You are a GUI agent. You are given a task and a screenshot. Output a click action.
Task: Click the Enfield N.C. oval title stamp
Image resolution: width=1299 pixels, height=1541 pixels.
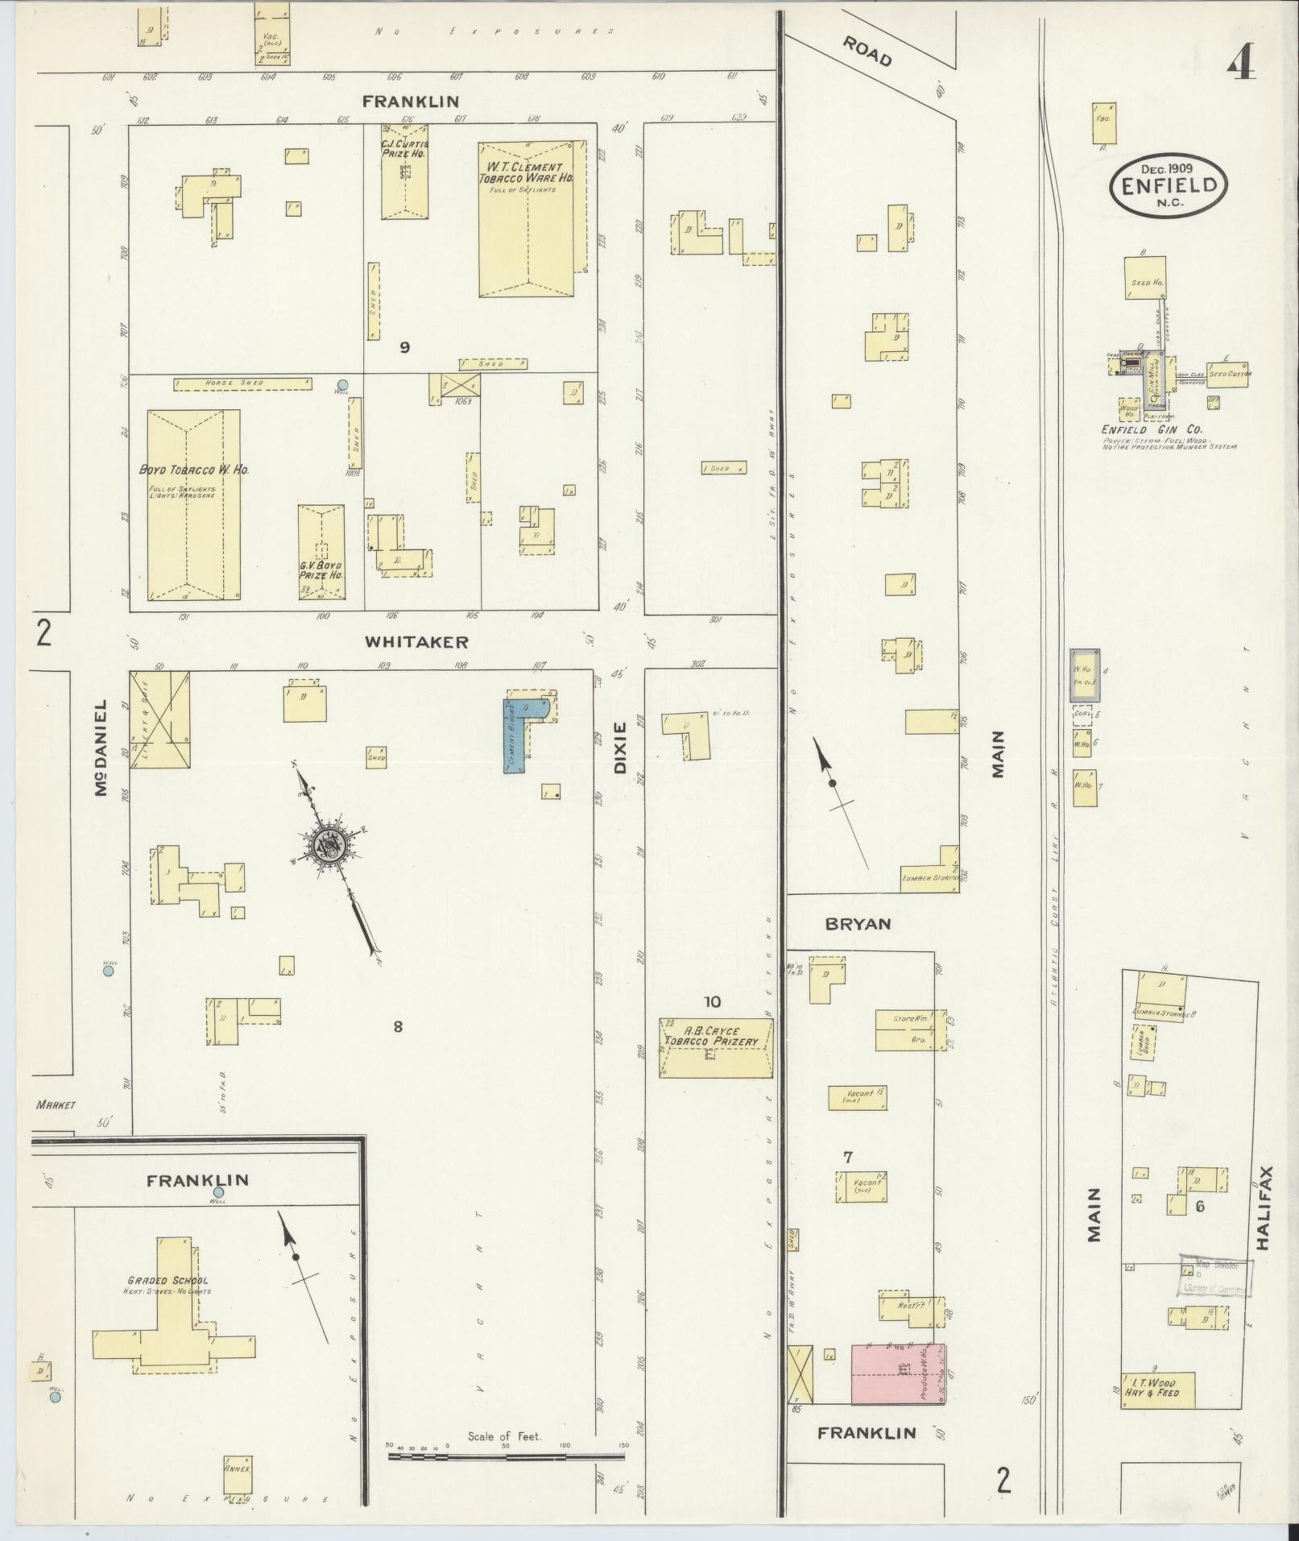point(1169,184)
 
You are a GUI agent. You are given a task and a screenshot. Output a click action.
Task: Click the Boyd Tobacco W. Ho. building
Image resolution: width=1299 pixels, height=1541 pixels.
point(193,505)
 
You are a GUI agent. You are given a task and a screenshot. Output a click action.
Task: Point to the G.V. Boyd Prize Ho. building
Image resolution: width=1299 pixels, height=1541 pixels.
point(321,552)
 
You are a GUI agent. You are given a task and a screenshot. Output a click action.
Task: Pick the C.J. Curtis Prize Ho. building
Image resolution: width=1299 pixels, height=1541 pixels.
point(404,171)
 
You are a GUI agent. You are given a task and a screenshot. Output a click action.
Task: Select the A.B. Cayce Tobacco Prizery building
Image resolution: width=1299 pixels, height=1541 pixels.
point(715,1048)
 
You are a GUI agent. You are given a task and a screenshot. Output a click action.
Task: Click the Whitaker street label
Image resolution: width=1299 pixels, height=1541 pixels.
point(416,642)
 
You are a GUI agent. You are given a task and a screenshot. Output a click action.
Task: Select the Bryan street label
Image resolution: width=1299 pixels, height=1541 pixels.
point(858,924)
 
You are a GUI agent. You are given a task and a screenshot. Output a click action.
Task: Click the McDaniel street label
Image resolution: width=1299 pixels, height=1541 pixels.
point(101,748)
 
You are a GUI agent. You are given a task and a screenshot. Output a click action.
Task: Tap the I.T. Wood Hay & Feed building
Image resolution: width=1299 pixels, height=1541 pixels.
point(1157,1390)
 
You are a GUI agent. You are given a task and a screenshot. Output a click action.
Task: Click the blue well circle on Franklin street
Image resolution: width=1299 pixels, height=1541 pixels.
point(218,1193)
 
